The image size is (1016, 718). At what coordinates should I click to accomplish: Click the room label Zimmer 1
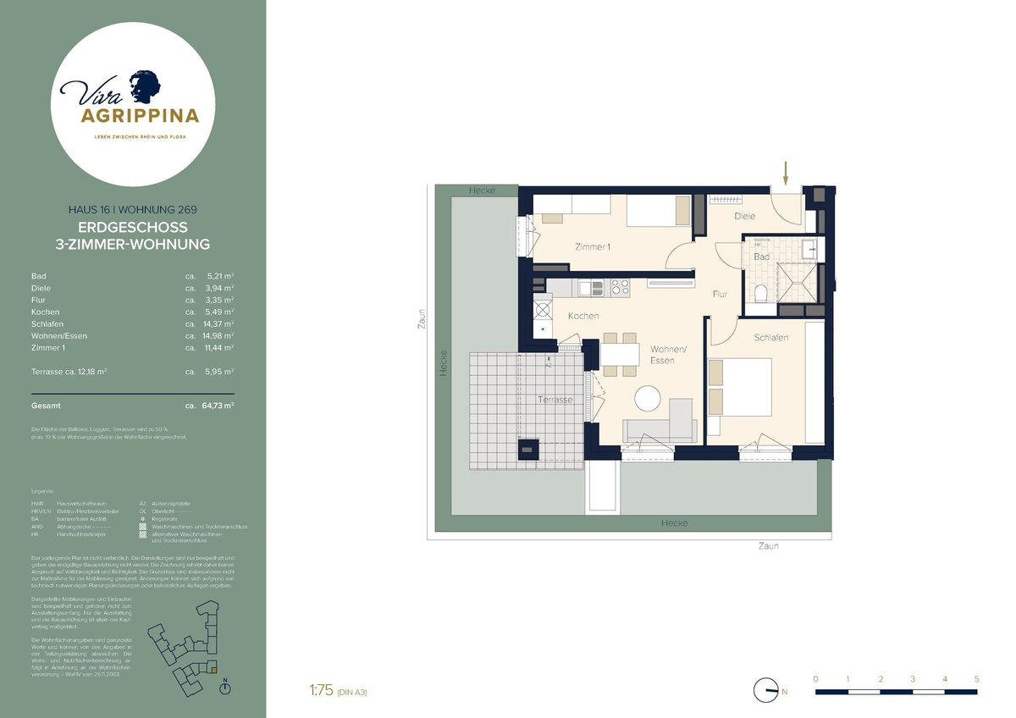[x=593, y=247]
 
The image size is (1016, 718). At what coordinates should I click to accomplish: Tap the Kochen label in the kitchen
[x=583, y=316]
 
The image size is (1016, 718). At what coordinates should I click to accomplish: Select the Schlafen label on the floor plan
[x=770, y=338]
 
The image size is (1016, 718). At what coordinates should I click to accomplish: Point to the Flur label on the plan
[x=720, y=295]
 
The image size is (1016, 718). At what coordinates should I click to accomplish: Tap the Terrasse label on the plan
[x=555, y=399]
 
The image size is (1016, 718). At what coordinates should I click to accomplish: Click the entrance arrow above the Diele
[x=786, y=174]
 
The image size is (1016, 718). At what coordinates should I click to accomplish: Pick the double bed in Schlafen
[x=739, y=387]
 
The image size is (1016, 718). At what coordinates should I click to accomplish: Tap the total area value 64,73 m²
[x=217, y=406]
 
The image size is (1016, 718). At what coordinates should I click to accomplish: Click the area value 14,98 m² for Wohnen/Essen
[x=217, y=336]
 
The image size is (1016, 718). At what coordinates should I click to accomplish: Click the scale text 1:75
[x=323, y=691]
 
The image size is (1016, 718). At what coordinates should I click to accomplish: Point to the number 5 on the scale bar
[x=976, y=679]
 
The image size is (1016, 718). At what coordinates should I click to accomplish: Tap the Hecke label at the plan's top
[x=483, y=191]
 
